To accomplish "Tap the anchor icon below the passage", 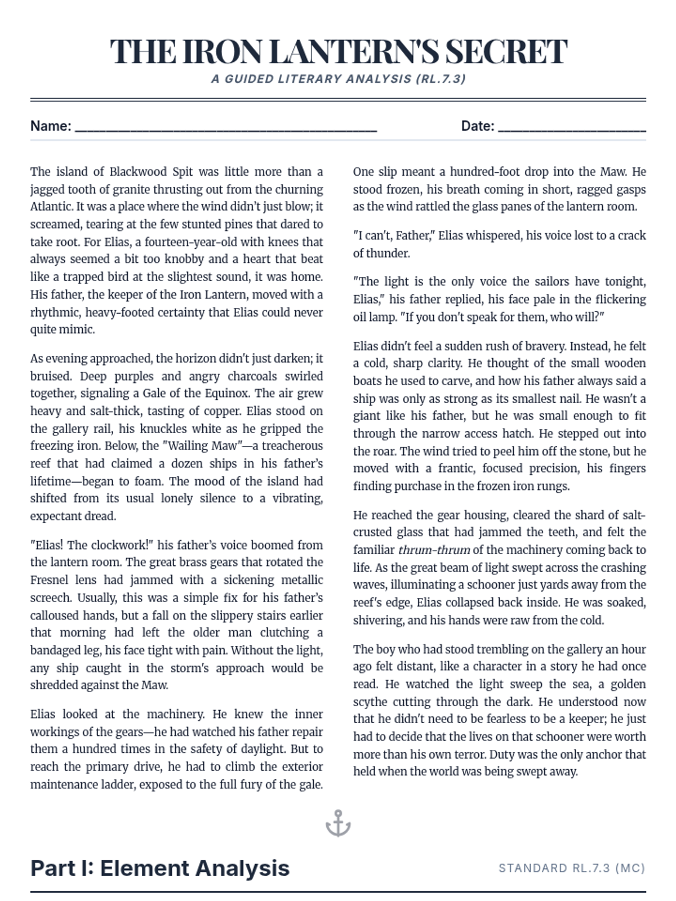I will coord(338,823).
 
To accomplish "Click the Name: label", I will coord(51,126).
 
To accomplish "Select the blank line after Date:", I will coord(572,127).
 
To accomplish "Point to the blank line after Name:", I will coord(225,127).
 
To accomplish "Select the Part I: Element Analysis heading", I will coord(160,868).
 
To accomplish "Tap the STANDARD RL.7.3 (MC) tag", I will coord(572,868).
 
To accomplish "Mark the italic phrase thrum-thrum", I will coord(434,550).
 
